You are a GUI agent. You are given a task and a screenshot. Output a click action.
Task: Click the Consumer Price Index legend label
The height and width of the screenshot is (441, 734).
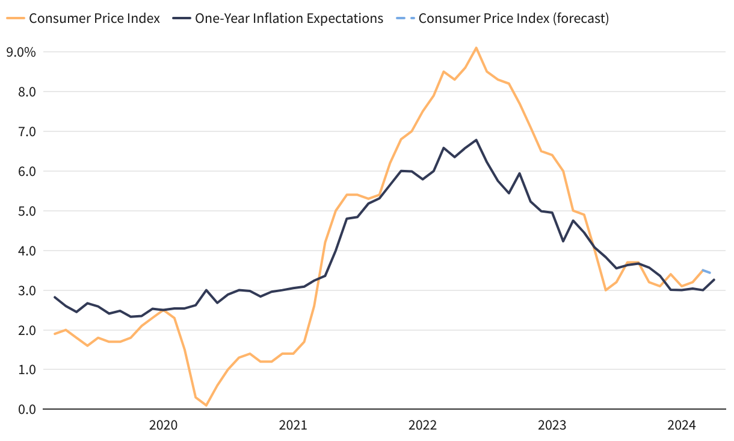tap(94, 18)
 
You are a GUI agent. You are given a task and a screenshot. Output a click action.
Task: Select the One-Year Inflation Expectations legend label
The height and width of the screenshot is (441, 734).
tap(289, 18)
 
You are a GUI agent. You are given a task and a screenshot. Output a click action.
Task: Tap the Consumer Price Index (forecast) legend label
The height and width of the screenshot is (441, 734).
tap(514, 18)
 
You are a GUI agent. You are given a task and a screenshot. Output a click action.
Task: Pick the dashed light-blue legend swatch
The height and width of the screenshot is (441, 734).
tap(405, 18)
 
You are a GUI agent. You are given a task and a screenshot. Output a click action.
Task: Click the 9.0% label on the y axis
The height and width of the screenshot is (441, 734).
tap(21, 52)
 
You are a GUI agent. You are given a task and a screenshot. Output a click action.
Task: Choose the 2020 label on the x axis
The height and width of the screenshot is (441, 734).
tap(163, 425)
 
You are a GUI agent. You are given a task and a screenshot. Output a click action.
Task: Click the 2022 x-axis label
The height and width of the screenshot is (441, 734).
tap(422, 425)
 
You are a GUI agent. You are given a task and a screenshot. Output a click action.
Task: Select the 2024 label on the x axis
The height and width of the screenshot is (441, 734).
tap(682, 425)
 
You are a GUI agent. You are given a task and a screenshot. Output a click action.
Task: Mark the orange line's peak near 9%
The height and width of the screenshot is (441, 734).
tap(476, 48)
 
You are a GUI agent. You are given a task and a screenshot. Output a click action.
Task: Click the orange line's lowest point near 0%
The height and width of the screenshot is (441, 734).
tap(206, 405)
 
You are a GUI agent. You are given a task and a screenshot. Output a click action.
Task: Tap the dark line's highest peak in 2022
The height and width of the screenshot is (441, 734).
tap(476, 140)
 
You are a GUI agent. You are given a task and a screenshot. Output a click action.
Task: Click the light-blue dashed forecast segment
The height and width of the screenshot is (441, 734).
tap(708, 272)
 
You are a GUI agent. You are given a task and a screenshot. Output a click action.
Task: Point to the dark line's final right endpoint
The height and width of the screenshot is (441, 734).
tap(714, 280)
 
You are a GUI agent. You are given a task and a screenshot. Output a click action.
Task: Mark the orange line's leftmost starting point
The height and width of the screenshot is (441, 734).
tap(55, 334)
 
